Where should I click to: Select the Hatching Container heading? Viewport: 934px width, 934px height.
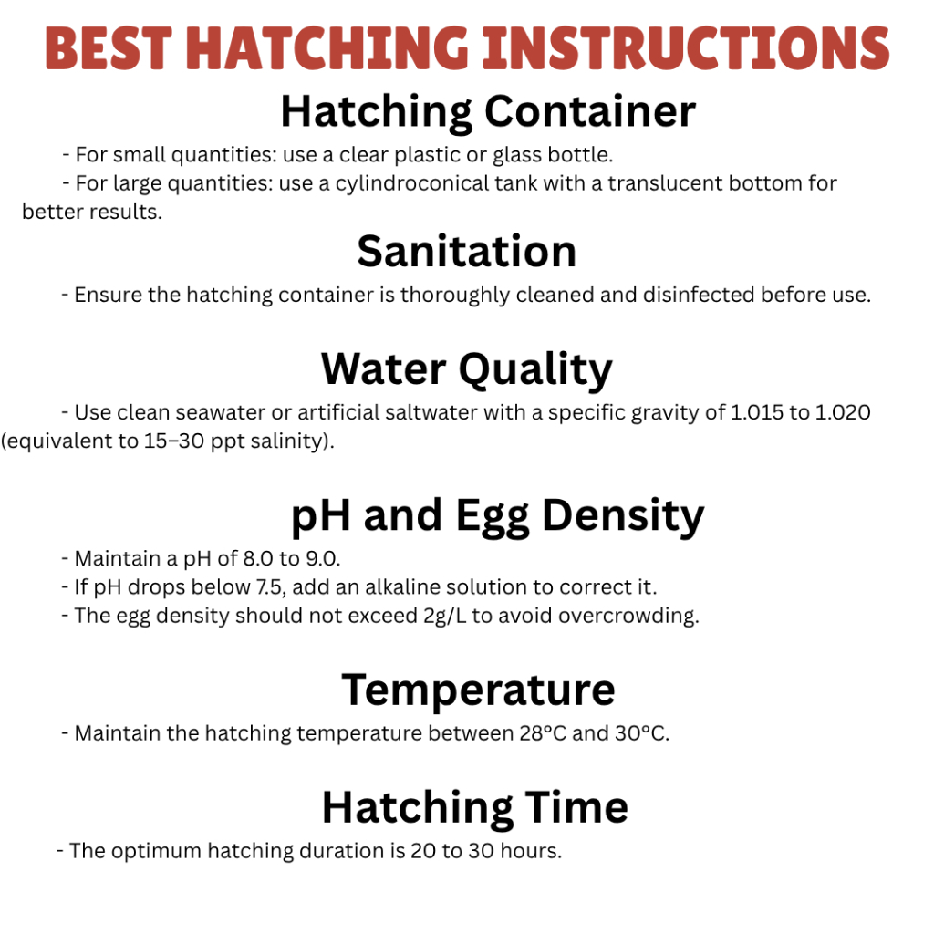coord(488,112)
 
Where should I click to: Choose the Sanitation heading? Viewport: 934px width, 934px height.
coord(466,252)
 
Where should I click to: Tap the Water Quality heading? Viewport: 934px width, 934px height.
coord(466,369)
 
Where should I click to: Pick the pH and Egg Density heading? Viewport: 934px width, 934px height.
coord(497,516)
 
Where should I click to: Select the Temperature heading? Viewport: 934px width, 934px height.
coord(478,690)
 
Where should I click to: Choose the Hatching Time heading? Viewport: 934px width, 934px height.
coord(474,808)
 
